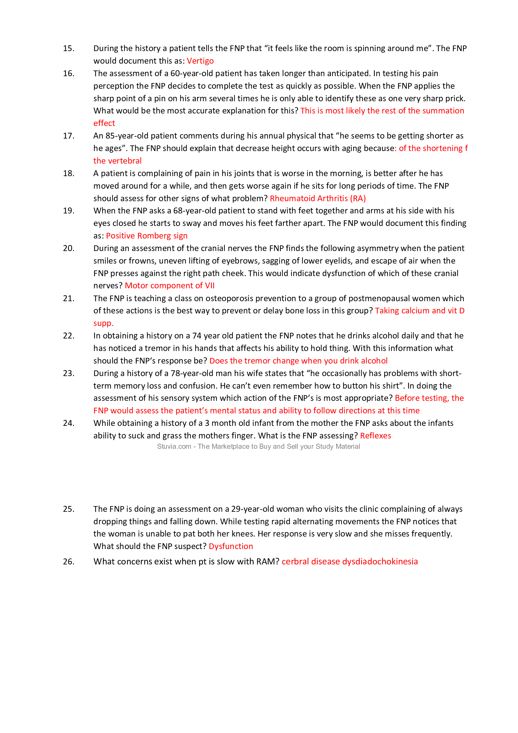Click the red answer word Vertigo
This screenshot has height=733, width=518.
pos(200,61)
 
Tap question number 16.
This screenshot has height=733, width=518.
pos(69,73)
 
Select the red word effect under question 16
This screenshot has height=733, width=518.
pos(104,123)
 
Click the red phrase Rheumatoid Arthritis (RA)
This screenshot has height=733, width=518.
pos(317,198)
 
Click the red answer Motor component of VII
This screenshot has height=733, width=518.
pos(170,285)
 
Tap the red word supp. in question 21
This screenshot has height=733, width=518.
pos(103,323)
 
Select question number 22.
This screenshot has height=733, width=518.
pos(69,336)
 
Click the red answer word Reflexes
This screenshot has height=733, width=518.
pos(375,436)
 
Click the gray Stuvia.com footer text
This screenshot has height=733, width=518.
pos(258,446)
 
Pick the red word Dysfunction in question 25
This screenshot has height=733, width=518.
pos(231,546)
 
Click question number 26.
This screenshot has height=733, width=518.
pos(69,561)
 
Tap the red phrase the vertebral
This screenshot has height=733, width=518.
pos(118,160)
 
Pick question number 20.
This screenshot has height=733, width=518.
pos(69,248)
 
